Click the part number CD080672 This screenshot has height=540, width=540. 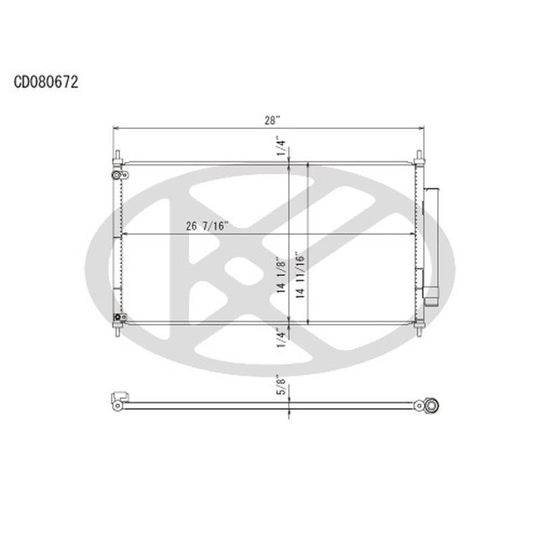point(47,82)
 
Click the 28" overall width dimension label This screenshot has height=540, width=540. point(272,120)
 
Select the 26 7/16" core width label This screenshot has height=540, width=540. point(208,227)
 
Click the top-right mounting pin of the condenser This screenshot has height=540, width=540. point(419,156)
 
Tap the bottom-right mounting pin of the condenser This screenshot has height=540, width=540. point(419,330)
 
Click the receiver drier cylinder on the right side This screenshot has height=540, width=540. point(432,243)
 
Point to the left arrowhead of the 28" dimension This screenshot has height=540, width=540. point(115,128)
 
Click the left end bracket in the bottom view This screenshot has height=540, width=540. point(119,400)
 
